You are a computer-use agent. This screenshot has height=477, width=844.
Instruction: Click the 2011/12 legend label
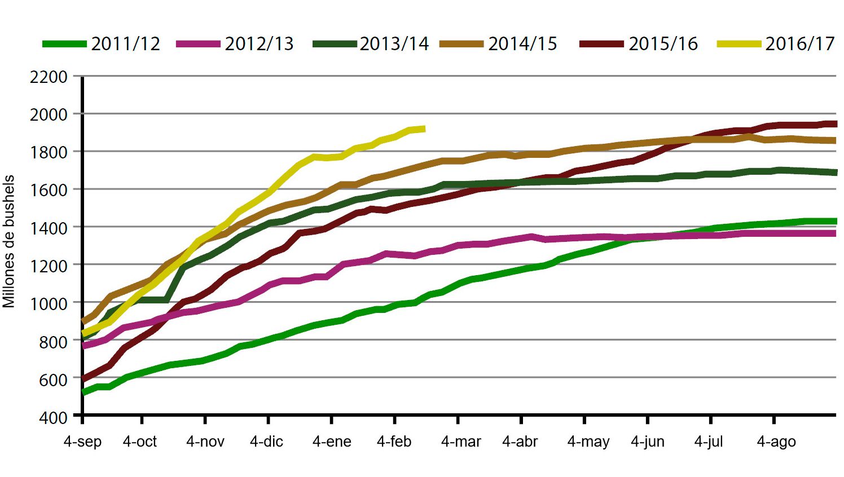coord(125,44)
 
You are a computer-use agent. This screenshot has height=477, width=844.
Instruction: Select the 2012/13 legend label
coord(259,44)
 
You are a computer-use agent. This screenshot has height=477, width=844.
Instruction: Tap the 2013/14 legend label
coord(394,44)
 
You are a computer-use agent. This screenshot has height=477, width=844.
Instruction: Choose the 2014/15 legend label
coord(522,44)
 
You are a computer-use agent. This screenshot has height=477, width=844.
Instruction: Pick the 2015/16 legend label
coord(663,44)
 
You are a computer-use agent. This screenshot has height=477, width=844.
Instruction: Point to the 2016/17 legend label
coord(799,44)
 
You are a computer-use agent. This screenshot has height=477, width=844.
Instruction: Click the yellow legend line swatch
coord(739,44)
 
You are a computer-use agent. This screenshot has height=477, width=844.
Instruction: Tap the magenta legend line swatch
coord(198,44)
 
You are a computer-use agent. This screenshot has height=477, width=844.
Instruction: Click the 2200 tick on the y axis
coord(49,77)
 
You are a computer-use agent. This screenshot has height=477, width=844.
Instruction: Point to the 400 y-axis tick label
coord(53,418)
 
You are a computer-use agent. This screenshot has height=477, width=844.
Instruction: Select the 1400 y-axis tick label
coord(49,228)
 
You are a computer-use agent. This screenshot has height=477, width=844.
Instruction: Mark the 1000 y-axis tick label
coord(49,303)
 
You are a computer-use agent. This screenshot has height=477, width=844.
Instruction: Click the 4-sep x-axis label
coord(82,441)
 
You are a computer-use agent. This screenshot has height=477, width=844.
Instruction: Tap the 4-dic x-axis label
coord(266,441)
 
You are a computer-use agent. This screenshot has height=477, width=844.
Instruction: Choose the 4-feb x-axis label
coord(394,441)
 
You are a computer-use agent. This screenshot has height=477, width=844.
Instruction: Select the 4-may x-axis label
coord(588,441)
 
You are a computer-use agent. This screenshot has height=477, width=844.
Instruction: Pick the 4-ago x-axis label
coord(776,441)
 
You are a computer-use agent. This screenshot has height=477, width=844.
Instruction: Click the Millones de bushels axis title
coord(9,241)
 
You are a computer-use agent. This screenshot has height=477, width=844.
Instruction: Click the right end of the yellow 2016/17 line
coord(423,129)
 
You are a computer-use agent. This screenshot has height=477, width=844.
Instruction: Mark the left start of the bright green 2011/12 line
coord(84,392)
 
